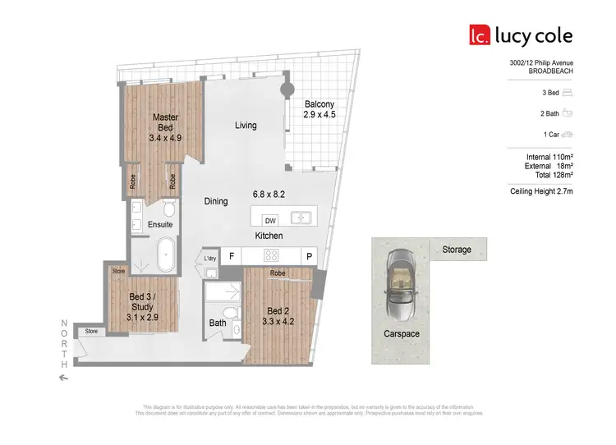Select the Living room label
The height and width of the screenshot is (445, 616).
tap(246, 126)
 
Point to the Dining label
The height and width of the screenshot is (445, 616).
tap(217, 201)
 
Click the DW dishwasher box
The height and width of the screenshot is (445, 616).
tap(269, 219)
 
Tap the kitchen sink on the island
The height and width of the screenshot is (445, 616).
tap(302, 218)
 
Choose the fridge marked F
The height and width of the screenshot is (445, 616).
tap(232, 256)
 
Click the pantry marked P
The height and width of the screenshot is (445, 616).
tap(310, 256)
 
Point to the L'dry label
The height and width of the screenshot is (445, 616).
tap(209, 259)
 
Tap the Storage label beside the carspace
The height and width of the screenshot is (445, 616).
tap(457, 249)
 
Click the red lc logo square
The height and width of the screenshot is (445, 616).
tap(479, 35)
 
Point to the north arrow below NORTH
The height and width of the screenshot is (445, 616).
tap(64, 377)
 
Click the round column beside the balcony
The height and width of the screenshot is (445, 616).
tap(288, 90)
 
